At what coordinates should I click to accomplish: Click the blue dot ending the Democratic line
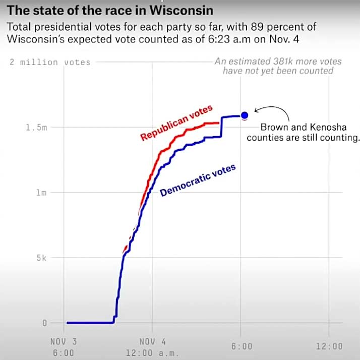[245, 115]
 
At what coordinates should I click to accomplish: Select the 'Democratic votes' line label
[198, 181]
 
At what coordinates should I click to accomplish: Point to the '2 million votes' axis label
[50, 63]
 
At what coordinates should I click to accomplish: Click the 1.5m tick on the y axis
[36, 128]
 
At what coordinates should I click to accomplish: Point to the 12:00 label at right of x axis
[329, 346]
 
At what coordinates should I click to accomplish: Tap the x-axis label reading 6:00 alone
[242, 346]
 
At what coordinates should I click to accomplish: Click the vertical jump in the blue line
[221, 126]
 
